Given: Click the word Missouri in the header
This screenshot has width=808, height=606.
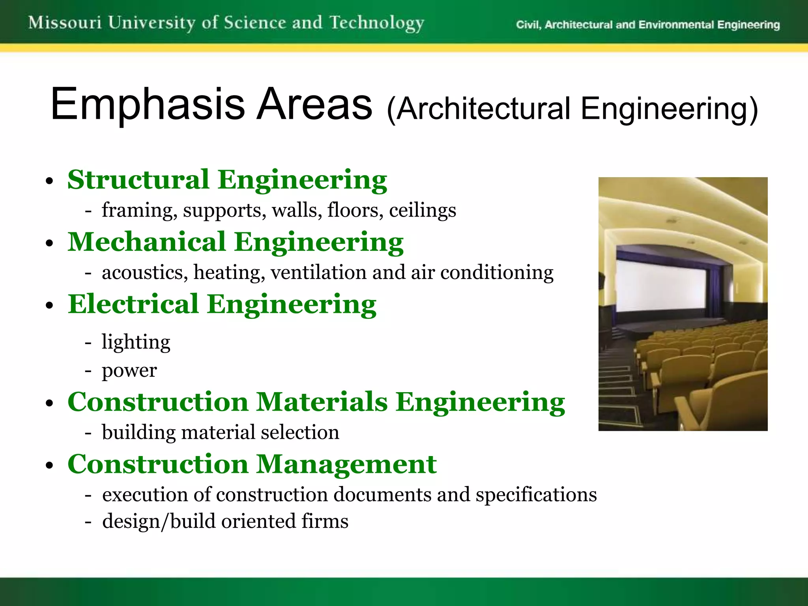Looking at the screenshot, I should point(65,22).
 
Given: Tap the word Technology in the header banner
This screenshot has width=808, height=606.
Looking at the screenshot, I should point(377,23).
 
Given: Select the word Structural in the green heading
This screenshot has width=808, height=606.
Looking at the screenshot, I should point(138,180).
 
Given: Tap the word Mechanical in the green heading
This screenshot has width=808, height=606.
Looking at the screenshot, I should point(147,242).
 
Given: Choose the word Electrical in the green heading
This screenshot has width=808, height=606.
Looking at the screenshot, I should point(133,304).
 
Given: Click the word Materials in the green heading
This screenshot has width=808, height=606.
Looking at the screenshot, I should point(322,402).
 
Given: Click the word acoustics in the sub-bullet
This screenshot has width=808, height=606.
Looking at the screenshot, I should point(145,273).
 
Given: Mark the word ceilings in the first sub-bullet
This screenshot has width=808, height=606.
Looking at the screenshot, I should point(422,210).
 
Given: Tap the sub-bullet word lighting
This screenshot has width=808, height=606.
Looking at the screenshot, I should point(136,342).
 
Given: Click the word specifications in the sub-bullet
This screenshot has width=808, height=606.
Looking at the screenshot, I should point(536,495).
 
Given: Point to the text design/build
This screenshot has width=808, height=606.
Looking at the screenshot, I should point(159,522).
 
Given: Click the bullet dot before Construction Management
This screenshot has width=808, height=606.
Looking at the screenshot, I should point(49,466).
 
